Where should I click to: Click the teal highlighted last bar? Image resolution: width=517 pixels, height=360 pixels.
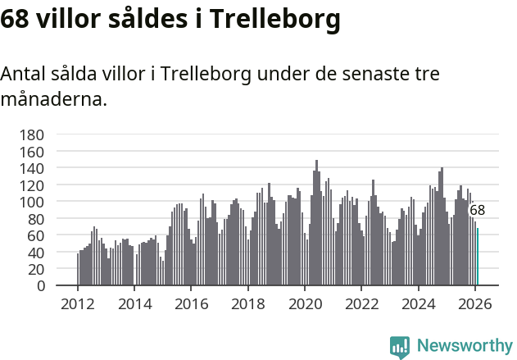click(478, 257)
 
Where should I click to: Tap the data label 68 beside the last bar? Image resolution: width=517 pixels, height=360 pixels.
click(477, 210)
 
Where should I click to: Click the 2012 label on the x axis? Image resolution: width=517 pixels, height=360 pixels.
click(78, 303)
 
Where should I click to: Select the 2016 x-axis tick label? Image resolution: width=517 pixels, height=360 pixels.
click(191, 303)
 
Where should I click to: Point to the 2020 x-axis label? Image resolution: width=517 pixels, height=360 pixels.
click(305, 303)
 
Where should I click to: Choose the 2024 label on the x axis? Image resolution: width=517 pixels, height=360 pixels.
click(418, 303)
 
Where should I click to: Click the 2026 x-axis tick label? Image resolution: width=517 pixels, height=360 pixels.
click(474, 303)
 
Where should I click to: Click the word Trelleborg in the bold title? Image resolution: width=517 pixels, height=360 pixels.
click(274, 19)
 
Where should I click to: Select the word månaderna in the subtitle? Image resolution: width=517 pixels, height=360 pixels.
click(53, 100)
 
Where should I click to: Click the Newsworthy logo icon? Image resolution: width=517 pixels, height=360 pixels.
click(400, 346)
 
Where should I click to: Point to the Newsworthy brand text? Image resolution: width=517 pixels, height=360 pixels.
click(464, 346)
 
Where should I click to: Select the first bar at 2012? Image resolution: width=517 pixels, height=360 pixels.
click(78, 270)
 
